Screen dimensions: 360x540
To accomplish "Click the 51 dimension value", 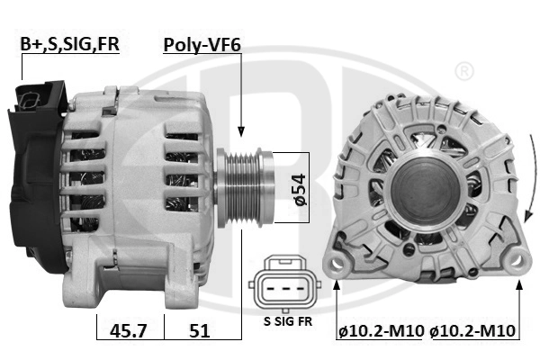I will (x=200, y=330).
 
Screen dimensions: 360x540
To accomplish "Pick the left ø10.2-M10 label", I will (x=381, y=330).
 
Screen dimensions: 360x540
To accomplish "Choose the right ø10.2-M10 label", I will (x=473, y=330).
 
